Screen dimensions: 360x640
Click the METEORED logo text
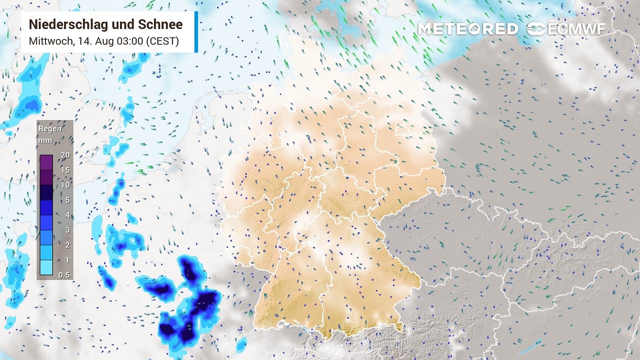click(467, 29)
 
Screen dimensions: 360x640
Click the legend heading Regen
click(50, 128)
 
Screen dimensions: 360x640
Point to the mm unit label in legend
click(45, 140)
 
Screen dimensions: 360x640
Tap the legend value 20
click(65, 155)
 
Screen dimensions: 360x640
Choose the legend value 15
click(65, 170)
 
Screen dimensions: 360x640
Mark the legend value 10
click(65, 185)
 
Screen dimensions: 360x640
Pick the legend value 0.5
click(64, 275)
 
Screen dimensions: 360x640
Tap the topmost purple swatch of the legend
click(46, 162)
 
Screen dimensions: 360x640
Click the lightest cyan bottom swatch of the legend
click(46, 267)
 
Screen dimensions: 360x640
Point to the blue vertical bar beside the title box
click(196, 32)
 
